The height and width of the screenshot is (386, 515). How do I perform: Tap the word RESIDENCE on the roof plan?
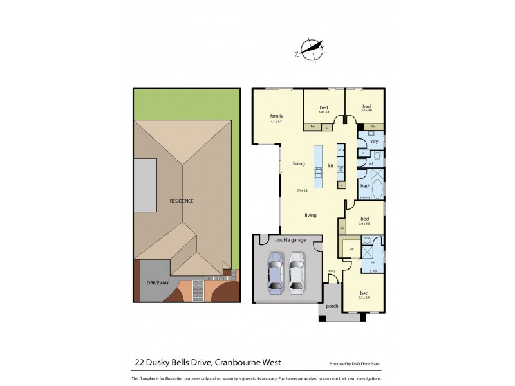click(182, 201)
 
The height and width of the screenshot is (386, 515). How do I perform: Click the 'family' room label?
click(276, 116)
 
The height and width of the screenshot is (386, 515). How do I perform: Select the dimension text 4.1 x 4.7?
click(276, 122)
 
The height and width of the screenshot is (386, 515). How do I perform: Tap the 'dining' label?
click(297, 164)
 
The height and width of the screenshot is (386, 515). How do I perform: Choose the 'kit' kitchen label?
click(330, 165)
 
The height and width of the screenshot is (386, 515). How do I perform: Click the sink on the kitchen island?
click(317, 172)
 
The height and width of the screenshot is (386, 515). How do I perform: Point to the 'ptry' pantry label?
click(342, 149)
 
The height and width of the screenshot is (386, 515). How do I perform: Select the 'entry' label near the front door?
click(332, 270)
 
